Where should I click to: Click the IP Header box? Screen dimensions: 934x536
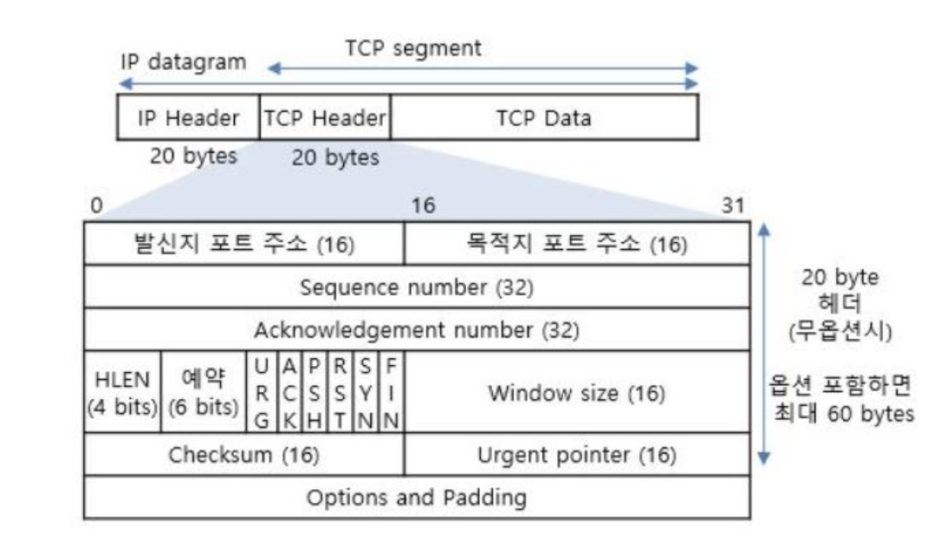pyautogui.click(x=188, y=117)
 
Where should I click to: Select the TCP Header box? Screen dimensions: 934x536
pyautogui.click(x=325, y=117)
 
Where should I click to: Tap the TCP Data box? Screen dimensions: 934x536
pyautogui.click(x=544, y=117)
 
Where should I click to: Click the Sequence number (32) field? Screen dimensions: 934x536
pyautogui.click(x=417, y=287)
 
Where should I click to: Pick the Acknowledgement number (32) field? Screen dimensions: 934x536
pyautogui.click(x=417, y=329)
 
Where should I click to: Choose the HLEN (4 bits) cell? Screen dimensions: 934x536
pyautogui.click(x=123, y=392)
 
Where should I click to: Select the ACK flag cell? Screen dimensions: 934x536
pyautogui.click(x=289, y=392)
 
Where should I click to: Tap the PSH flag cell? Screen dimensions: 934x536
pyautogui.click(x=315, y=392)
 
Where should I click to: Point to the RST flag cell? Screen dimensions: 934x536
pyautogui.click(x=341, y=392)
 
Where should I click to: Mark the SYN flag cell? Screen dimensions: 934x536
pyautogui.click(x=366, y=392)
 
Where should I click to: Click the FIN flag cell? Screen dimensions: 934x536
pyautogui.click(x=392, y=392)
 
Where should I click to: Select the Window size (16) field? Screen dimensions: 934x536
pyautogui.click(x=577, y=392)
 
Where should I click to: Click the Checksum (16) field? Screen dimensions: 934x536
pyautogui.click(x=244, y=454)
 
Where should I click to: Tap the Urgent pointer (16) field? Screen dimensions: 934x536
pyautogui.click(x=577, y=454)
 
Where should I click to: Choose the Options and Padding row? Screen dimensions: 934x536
pyautogui.click(x=417, y=497)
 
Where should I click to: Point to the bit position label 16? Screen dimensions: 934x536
pyautogui.click(x=424, y=205)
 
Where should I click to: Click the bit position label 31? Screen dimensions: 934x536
pyautogui.click(x=733, y=205)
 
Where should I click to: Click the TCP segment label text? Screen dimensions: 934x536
pyautogui.click(x=413, y=49)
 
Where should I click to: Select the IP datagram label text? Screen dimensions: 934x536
pyautogui.click(x=184, y=62)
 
